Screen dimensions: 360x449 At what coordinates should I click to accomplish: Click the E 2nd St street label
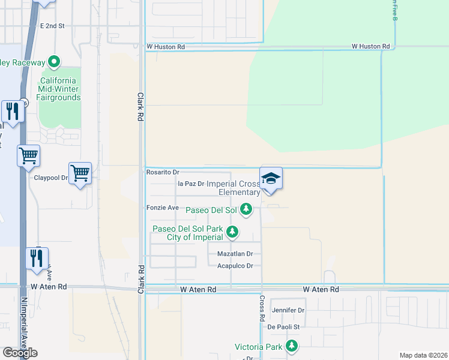(52, 26)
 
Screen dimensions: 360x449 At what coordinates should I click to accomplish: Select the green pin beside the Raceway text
(54, 62)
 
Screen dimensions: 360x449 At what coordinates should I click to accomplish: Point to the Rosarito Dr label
(163, 172)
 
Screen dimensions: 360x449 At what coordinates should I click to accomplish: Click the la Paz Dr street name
(191, 184)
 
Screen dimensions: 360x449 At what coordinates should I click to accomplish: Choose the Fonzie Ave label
(163, 208)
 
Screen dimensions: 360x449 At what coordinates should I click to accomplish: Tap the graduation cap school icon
(271, 179)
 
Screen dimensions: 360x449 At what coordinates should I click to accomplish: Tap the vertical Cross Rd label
(262, 309)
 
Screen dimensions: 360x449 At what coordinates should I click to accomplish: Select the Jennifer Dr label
(288, 310)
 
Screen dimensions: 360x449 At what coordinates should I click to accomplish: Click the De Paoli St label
(288, 327)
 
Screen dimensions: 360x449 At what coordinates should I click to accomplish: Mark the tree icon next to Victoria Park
(292, 346)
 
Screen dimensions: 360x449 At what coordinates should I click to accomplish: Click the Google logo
(20, 353)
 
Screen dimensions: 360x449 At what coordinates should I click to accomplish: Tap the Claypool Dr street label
(51, 178)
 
